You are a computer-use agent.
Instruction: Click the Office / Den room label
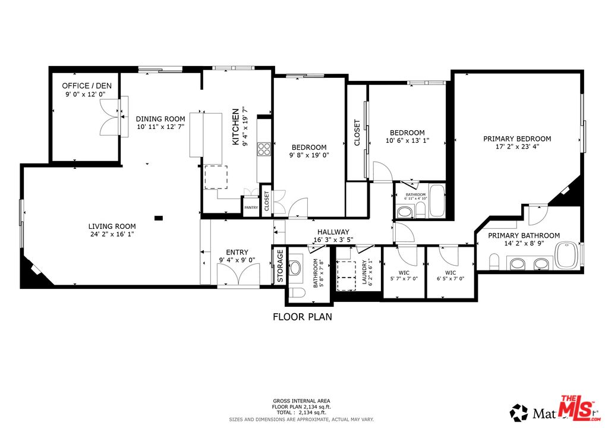click(x=87, y=86)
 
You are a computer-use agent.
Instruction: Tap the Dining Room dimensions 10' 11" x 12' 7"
click(x=160, y=127)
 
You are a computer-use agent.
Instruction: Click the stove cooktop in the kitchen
click(x=263, y=149)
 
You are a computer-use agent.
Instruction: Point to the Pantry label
click(x=251, y=207)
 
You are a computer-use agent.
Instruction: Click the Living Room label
click(x=112, y=226)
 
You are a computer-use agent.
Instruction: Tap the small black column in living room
click(x=158, y=218)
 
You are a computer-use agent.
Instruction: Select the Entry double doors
click(x=238, y=275)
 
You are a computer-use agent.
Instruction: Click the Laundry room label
click(x=365, y=272)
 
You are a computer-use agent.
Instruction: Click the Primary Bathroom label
click(x=524, y=235)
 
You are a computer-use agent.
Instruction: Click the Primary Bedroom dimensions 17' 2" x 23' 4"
click(x=516, y=148)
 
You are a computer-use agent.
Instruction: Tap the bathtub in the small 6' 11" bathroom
click(x=437, y=201)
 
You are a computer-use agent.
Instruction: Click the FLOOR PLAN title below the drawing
click(x=302, y=317)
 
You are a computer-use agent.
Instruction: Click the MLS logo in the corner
click(x=577, y=408)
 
